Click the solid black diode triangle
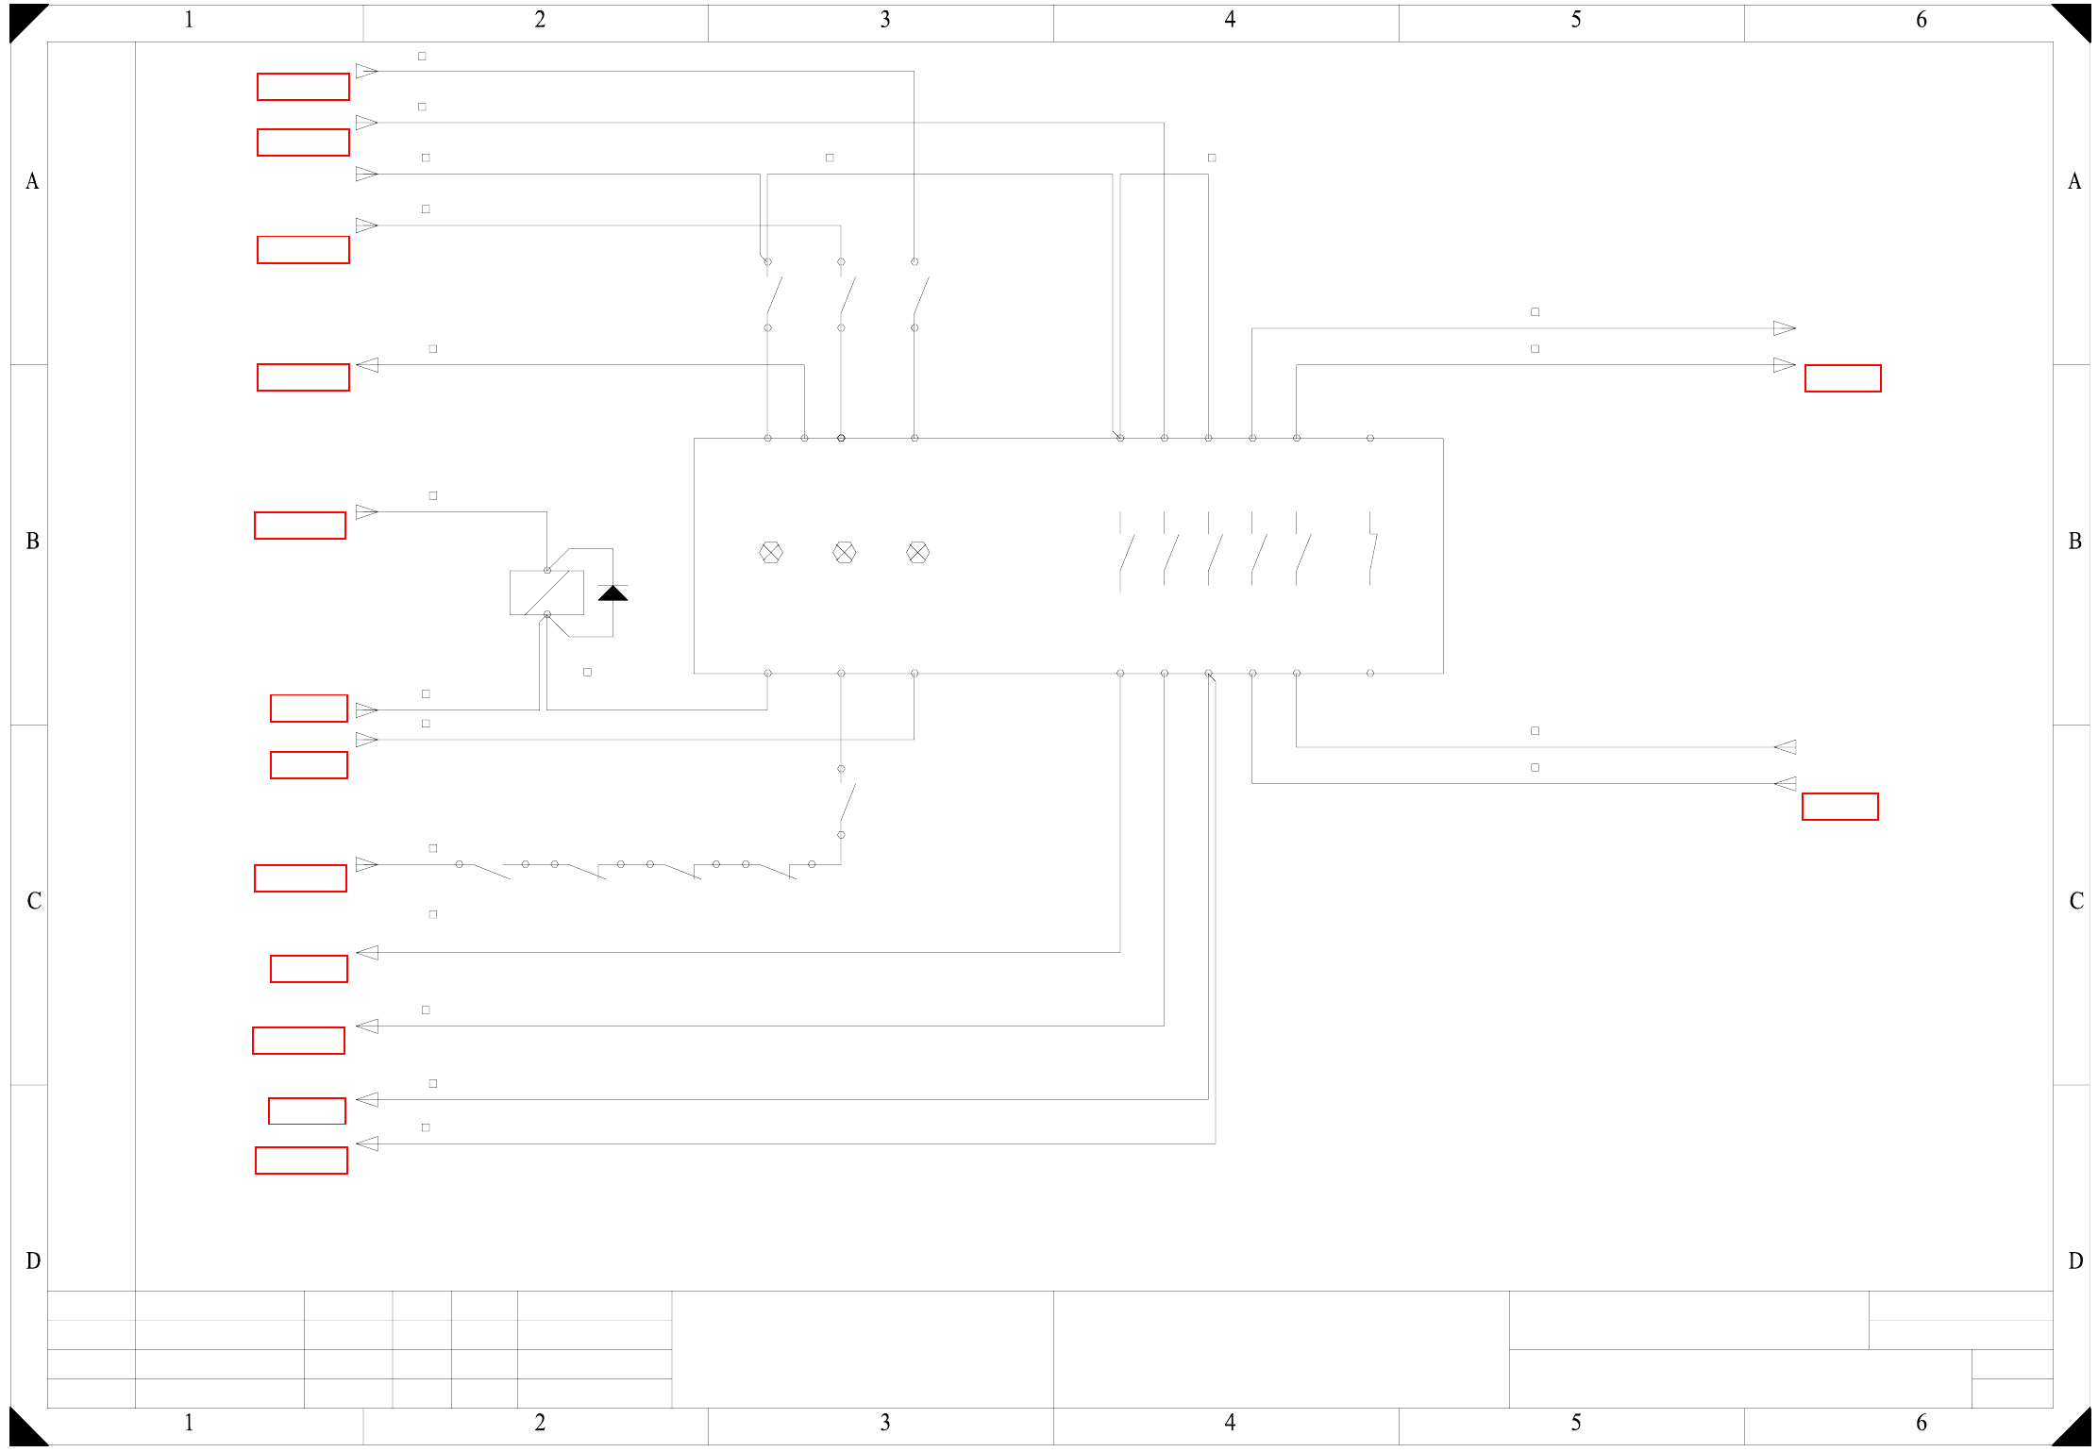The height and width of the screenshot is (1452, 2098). [613, 592]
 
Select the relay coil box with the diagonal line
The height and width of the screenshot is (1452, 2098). [546, 592]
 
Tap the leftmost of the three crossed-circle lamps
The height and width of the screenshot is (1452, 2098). [770, 553]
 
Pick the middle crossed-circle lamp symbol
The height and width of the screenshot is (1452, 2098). [844, 553]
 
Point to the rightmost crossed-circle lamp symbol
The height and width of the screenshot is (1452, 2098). [917, 553]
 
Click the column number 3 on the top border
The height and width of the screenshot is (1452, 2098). [884, 20]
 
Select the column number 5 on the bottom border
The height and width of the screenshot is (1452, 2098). [1575, 1422]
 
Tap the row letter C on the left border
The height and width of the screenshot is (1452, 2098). [34, 901]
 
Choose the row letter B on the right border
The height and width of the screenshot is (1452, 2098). [2074, 542]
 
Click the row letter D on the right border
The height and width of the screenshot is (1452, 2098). [2074, 1261]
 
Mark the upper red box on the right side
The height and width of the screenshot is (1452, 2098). [1842, 378]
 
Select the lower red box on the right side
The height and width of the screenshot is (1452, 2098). [1839, 807]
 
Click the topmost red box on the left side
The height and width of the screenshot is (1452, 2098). [303, 87]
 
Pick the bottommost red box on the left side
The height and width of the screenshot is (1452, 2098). [301, 1160]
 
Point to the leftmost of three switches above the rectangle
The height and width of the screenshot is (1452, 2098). [773, 294]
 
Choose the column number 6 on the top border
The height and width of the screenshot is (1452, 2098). [1921, 20]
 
